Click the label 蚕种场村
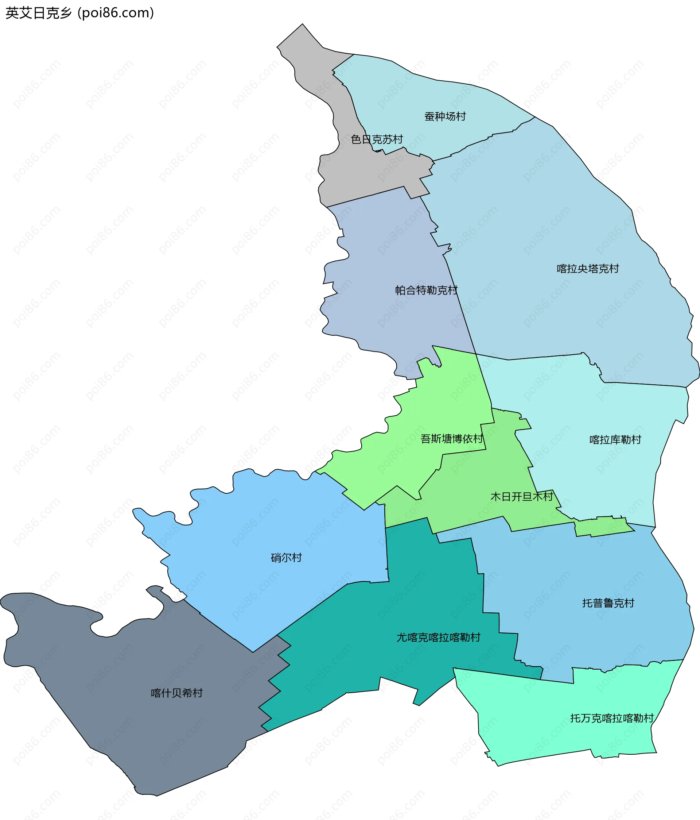click(445, 116)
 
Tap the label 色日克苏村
click(377, 139)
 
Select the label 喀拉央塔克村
click(588, 269)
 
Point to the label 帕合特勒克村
click(426, 290)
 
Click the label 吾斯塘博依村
click(452, 439)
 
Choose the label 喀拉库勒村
click(615, 440)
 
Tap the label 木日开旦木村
click(521, 496)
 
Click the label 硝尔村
click(286, 558)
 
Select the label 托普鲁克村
click(608, 603)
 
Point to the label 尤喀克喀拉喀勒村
click(438, 637)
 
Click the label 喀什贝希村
click(177, 693)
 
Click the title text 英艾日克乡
click(39, 13)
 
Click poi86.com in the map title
click(116, 13)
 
